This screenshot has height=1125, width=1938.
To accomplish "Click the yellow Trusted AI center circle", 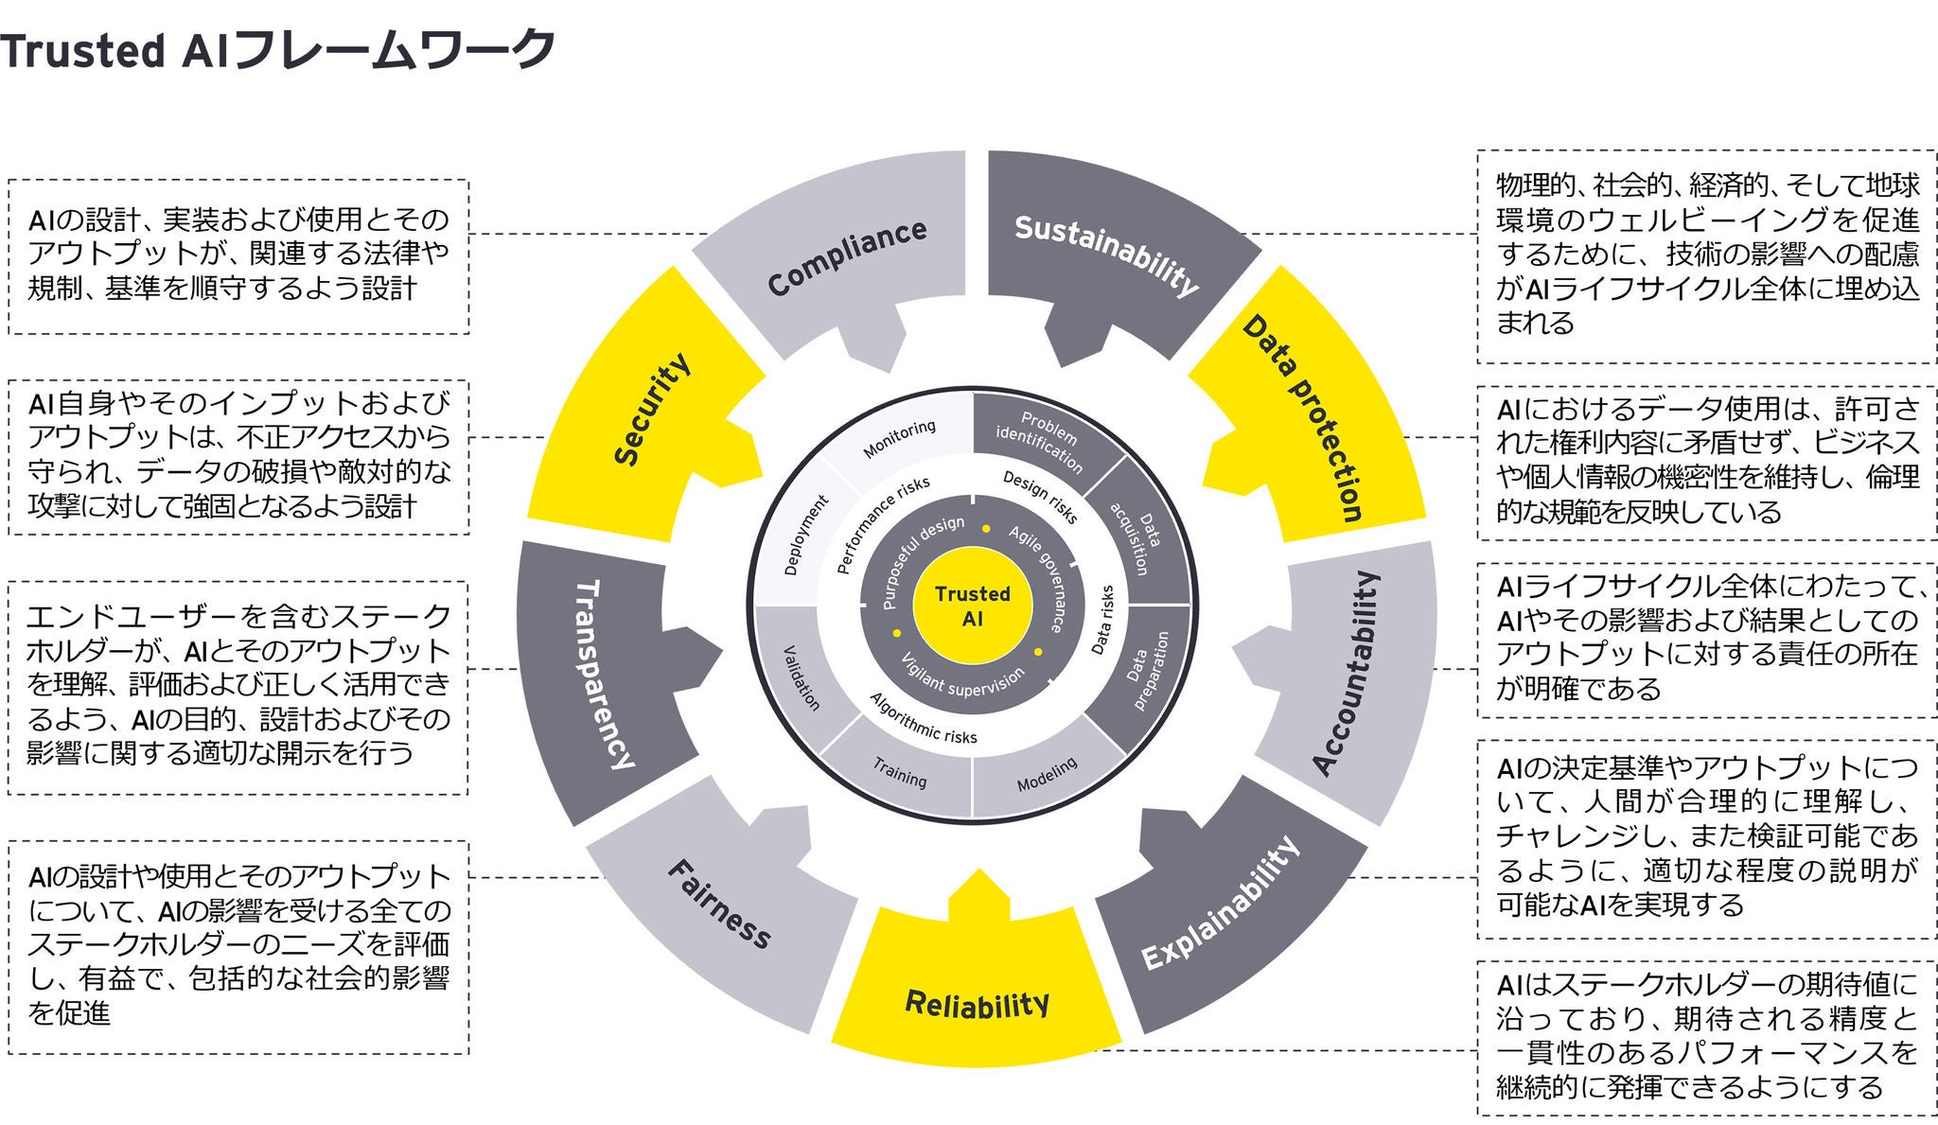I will [973, 606].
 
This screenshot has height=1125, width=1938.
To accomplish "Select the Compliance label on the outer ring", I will [847, 257].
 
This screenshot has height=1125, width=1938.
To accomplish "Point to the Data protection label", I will [1303, 419].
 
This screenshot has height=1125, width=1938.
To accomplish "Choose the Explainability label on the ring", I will [1220, 903].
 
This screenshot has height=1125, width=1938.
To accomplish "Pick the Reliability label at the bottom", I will [978, 1003].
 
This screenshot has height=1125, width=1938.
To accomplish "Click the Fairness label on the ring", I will [720, 903].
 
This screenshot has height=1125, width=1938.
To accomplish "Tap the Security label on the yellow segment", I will [652, 410].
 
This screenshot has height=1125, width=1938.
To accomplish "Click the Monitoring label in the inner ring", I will [899, 439].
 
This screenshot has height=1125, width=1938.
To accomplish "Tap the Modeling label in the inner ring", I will [1047, 775].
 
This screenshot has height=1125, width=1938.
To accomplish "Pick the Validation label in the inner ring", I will [802, 677].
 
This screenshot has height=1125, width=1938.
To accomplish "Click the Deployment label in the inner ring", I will [806, 536].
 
